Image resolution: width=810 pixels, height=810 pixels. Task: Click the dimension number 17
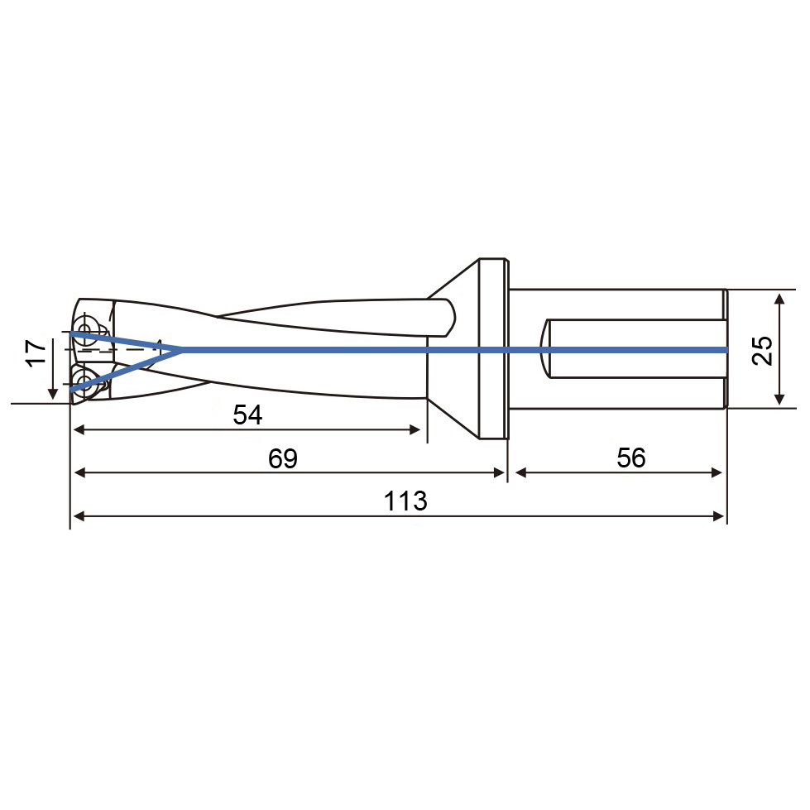pyautogui.click(x=36, y=352)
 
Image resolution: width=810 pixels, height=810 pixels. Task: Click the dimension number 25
pyautogui.click(x=762, y=351)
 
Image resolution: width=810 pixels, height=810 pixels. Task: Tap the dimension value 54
pyautogui.click(x=247, y=415)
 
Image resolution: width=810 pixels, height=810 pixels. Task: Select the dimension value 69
pyautogui.click(x=283, y=458)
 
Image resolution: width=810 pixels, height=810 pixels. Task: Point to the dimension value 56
pyautogui.click(x=630, y=458)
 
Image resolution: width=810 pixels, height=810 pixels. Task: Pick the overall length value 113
pyautogui.click(x=405, y=501)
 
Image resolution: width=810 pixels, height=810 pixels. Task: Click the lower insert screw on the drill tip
pyautogui.click(x=84, y=381)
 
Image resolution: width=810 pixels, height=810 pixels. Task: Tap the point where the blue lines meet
pyautogui.click(x=180, y=350)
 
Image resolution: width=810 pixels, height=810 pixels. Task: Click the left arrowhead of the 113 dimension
pyautogui.click(x=79, y=516)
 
